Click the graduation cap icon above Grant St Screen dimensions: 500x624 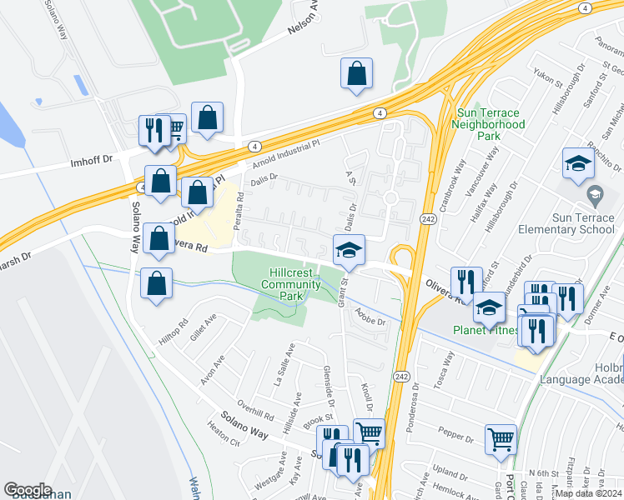point(350,249)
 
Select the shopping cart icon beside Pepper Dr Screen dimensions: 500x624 point(501,438)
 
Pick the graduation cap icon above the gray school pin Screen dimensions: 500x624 point(577,164)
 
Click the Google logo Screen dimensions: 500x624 point(28,490)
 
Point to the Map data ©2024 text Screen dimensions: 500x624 point(589,493)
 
